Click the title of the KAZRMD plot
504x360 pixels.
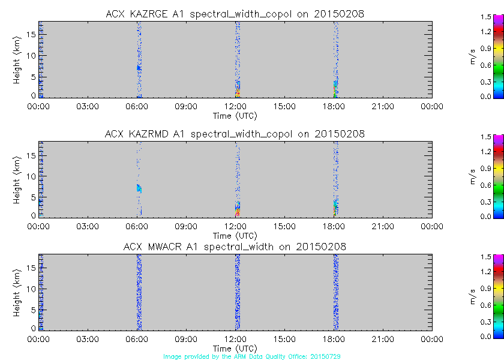click(x=235, y=134)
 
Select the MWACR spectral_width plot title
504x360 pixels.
click(x=235, y=247)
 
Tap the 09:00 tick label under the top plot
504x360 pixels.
click(x=186, y=107)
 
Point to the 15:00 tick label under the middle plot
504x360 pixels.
click(x=284, y=227)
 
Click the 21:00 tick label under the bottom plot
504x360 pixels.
click(x=383, y=340)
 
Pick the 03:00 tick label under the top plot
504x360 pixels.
click(x=88, y=107)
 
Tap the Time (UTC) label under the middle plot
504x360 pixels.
click(x=235, y=236)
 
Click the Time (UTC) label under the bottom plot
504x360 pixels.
click(x=235, y=349)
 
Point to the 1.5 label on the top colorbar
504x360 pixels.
click(x=486, y=17)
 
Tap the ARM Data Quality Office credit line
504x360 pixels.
click(x=251, y=356)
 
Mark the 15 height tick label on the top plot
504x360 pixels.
click(x=32, y=34)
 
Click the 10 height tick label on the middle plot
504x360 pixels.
click(x=32, y=175)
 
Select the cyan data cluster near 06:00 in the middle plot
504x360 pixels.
click(x=139, y=188)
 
